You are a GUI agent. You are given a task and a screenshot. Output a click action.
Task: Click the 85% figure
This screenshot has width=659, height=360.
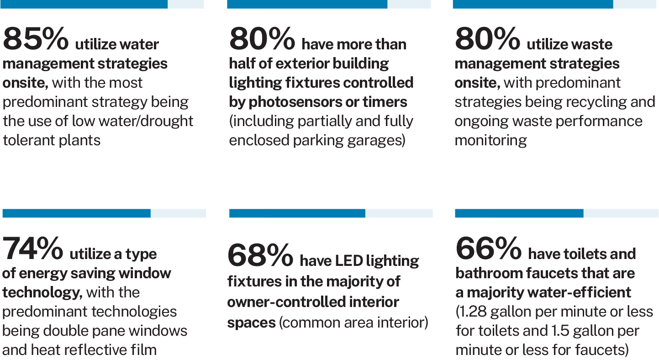click(x=35, y=39)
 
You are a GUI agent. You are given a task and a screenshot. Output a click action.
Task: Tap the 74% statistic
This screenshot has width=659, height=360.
click(x=33, y=249)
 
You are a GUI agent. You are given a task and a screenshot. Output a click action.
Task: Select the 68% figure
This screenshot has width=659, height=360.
click(x=260, y=256)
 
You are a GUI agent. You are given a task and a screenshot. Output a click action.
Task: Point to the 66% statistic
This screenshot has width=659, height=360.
click(x=488, y=249)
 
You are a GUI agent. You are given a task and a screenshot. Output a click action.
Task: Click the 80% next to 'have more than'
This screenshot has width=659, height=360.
click(x=262, y=39)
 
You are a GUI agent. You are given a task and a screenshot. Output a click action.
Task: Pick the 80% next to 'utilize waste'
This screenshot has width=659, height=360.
click(x=487, y=39)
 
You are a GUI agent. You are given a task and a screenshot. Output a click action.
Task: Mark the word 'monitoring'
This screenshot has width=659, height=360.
click(x=490, y=140)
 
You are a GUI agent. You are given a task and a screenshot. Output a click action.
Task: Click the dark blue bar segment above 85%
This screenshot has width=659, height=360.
click(x=85, y=4)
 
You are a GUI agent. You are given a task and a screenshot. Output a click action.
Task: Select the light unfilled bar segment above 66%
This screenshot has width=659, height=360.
click(x=621, y=213)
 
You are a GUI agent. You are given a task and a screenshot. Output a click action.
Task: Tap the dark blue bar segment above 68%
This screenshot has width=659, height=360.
click(x=297, y=213)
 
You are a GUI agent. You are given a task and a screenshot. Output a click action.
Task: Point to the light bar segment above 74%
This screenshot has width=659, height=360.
click(x=178, y=213)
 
